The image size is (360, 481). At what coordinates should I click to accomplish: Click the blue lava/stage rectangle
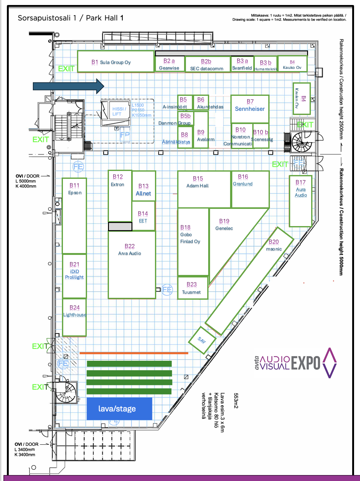[x=119, y=408]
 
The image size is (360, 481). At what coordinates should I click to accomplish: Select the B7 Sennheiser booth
[x=250, y=109]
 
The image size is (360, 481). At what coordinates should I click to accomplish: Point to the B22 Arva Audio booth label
[x=130, y=250]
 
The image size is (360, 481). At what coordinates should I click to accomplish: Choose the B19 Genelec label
[x=224, y=225]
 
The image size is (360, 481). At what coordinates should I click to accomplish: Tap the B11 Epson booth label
[x=75, y=189]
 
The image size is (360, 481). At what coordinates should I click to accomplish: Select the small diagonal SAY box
[x=202, y=340]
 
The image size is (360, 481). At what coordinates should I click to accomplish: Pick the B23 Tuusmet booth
[x=192, y=288]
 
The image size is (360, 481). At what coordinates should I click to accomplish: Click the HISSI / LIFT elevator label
[x=119, y=111]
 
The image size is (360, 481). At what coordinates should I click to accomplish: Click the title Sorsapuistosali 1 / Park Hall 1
[x=70, y=18]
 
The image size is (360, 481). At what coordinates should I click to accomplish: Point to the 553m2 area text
[x=236, y=401]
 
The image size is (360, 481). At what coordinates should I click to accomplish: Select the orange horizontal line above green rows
[x=134, y=353]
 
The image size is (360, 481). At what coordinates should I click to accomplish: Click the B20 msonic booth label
[x=274, y=245]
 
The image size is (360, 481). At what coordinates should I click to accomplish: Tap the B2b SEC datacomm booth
[x=207, y=65]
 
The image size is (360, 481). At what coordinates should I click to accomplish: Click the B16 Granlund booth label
[x=243, y=180]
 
